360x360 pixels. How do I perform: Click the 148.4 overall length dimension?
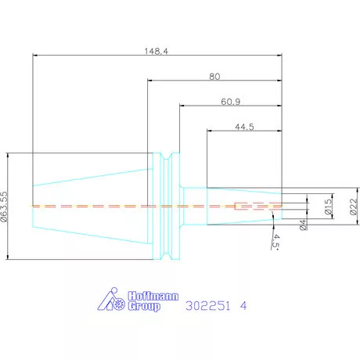157,51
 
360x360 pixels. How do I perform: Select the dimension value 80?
214,77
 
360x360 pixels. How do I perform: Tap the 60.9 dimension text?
231,102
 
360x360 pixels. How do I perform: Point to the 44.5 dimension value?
244,127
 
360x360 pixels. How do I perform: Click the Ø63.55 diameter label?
4,207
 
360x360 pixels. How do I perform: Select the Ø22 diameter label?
353,207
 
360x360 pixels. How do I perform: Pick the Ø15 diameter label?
329,207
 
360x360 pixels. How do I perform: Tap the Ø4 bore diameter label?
303,225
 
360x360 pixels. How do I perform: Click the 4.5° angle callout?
275,240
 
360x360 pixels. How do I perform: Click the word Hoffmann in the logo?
153,296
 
